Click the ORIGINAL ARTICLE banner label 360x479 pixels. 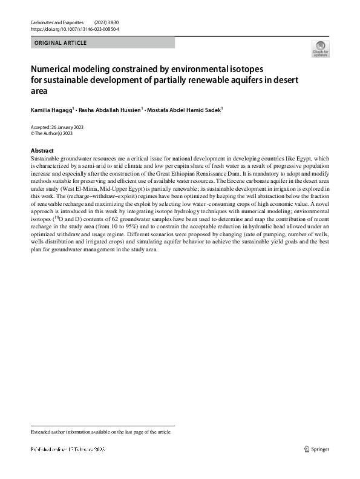click(61, 43)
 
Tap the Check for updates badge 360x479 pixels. click(320, 49)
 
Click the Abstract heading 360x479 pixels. click(42, 151)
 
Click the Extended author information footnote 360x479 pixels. click(101, 432)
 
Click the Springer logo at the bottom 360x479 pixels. click(318, 449)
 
